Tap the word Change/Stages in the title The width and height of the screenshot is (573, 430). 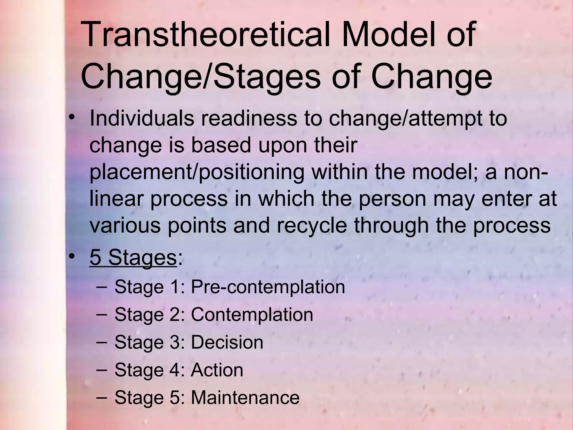coord(200,76)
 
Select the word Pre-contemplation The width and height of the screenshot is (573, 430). coord(268,287)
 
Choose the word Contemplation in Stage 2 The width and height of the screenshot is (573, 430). coord(252,315)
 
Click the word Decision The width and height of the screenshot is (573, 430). coord(227,342)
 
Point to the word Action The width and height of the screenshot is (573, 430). coord(217,370)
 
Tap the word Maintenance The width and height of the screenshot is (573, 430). coord(245,397)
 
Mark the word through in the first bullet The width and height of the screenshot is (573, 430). coord(391,226)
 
